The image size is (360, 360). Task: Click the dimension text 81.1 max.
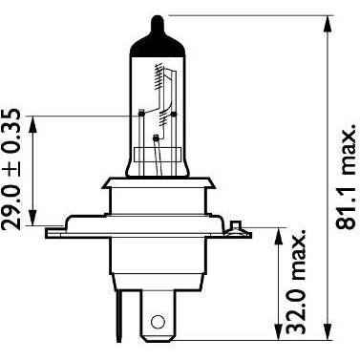tap(346, 176)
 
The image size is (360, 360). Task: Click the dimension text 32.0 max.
tap(296, 281)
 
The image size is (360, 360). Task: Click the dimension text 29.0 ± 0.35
tap(11, 169)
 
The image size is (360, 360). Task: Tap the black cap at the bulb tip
tap(158, 37)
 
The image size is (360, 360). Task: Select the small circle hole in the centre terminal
tap(157, 322)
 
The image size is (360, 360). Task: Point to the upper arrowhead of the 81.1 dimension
tap(328, 24)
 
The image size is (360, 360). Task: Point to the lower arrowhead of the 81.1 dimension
tap(328, 331)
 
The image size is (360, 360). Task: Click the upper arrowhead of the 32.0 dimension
tap(279, 236)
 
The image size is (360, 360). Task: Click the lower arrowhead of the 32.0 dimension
tap(279, 331)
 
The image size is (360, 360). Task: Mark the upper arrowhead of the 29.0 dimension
tap(33, 124)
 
